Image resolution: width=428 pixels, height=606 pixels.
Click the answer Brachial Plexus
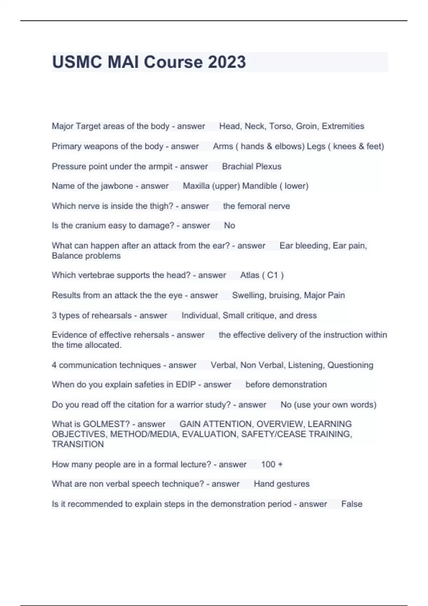[251, 166]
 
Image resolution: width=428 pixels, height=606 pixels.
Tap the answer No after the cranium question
[229, 226]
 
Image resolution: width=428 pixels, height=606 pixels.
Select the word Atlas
[250, 275]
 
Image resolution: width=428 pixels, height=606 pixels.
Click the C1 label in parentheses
[272, 275]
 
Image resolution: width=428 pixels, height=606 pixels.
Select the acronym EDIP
[186, 385]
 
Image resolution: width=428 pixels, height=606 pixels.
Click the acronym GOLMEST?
[106, 424]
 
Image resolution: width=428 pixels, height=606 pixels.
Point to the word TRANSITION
[78, 445]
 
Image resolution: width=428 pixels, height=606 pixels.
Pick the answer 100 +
[271, 464]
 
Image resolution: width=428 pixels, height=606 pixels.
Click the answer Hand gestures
[281, 484]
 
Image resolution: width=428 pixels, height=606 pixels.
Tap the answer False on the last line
[352, 504]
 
